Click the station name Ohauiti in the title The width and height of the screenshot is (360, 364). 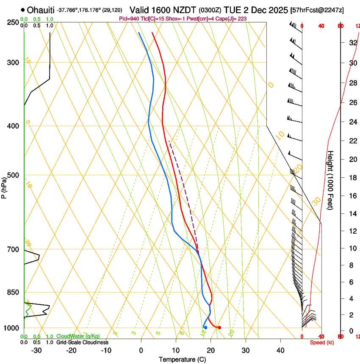click(x=42, y=10)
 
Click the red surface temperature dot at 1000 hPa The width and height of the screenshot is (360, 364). click(x=219, y=328)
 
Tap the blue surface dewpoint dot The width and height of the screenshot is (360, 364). click(x=205, y=327)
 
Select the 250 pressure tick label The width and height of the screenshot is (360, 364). click(x=13, y=22)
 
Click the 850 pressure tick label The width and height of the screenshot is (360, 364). click(x=13, y=292)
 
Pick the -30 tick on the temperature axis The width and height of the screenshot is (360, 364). click(x=36, y=350)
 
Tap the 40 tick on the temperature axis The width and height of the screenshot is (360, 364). click(x=280, y=350)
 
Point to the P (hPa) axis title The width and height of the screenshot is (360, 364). click(x=4, y=187)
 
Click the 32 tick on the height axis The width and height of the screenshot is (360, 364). click(x=352, y=43)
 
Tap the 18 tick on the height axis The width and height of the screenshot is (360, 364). click(x=352, y=178)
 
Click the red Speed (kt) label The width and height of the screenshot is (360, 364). click(x=322, y=342)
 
